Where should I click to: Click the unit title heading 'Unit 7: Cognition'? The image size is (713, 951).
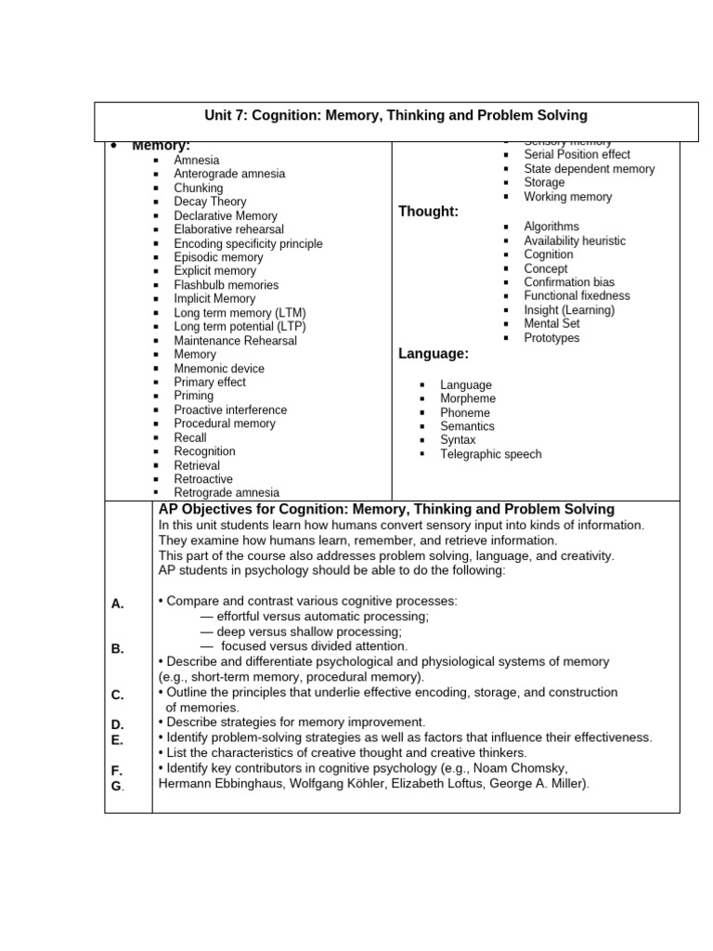(395, 115)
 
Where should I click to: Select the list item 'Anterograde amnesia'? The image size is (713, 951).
(229, 174)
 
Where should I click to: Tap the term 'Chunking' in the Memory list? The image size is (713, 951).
(199, 188)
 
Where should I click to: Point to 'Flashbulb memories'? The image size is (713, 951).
(226, 285)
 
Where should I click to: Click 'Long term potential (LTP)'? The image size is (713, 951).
(240, 326)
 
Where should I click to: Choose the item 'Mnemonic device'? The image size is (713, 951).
(219, 368)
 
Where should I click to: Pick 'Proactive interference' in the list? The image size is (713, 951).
(230, 410)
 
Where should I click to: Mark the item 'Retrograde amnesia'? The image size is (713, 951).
(227, 492)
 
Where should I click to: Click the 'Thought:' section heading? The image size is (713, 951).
(428, 212)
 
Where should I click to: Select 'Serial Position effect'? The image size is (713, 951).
(577, 154)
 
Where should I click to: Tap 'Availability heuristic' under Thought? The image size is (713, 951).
(575, 241)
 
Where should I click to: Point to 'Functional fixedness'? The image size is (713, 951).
(577, 295)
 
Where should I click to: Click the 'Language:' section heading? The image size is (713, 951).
(434, 353)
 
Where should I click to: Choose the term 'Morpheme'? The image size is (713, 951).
(468, 398)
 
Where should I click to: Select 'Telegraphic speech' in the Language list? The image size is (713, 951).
(490, 454)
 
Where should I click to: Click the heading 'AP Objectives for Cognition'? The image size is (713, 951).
(386, 509)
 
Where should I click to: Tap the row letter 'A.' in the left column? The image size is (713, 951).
(118, 604)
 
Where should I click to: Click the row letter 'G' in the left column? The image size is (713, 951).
(117, 786)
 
